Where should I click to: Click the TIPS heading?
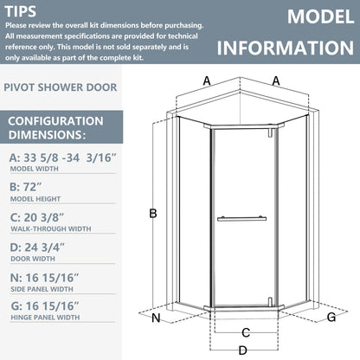pos(22,12)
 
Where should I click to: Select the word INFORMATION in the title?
pos(287,47)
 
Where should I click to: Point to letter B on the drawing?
pos(152,213)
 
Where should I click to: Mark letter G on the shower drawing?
pos(332,318)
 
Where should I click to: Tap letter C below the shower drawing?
pos(246,331)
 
